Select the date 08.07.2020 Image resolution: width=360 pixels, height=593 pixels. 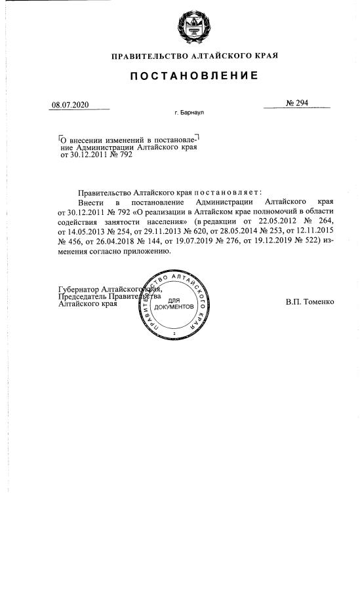tap(70, 105)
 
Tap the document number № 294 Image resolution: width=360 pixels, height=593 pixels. tap(297, 104)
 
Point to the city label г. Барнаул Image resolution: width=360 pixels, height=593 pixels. tap(190, 113)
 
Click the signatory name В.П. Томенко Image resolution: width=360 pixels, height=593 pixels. tap(310, 302)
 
